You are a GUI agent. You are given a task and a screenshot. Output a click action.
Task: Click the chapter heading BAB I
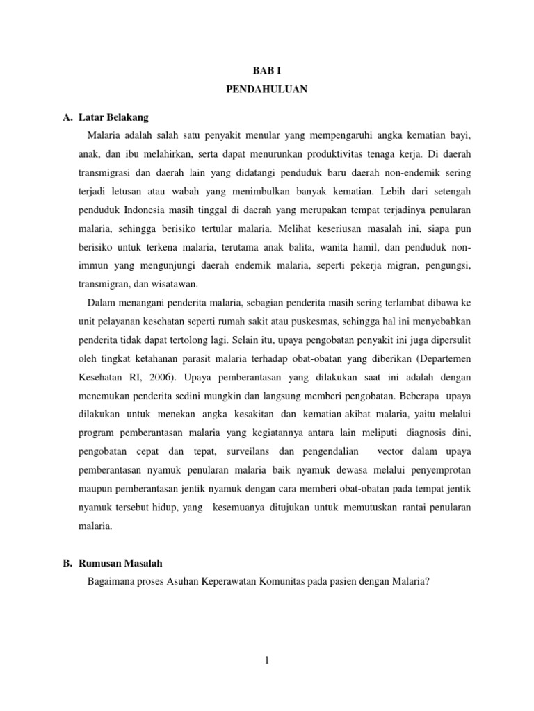pyautogui.click(x=266, y=70)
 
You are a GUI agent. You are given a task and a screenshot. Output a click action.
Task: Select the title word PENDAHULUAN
pyautogui.click(x=266, y=90)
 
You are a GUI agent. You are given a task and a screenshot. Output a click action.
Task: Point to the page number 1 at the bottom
pyautogui.click(x=266, y=662)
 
